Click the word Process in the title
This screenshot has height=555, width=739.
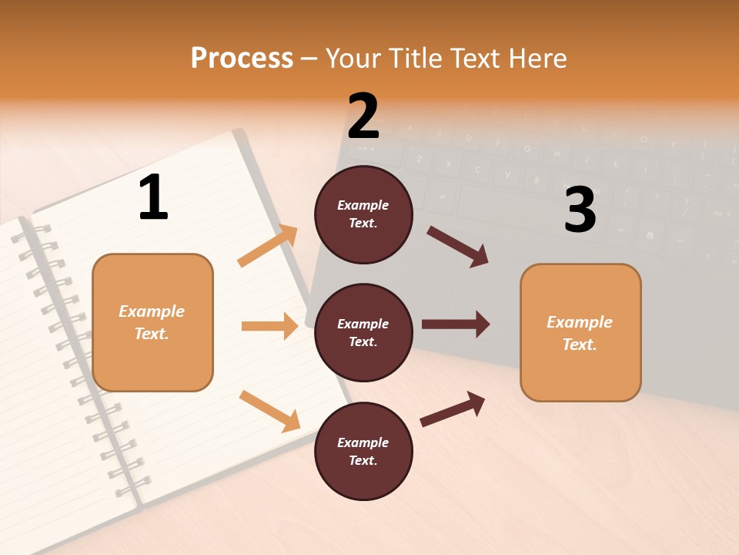242,58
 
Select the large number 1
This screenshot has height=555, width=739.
153,197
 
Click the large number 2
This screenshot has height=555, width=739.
363,116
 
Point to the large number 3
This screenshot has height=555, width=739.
580,210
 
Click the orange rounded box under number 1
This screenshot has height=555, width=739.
152,322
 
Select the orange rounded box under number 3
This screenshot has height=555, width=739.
580,332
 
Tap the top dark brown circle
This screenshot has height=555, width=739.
363,214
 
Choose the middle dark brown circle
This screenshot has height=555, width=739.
363,332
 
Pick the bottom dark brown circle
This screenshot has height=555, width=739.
363,451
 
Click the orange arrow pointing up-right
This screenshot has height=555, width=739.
268,246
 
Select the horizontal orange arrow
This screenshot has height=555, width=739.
269,326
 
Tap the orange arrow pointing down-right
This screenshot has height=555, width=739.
269,411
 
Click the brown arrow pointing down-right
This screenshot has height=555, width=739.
458,247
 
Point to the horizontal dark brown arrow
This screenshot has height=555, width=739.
456,325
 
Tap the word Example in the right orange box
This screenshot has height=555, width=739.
580,322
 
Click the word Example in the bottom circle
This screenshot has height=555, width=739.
363,442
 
